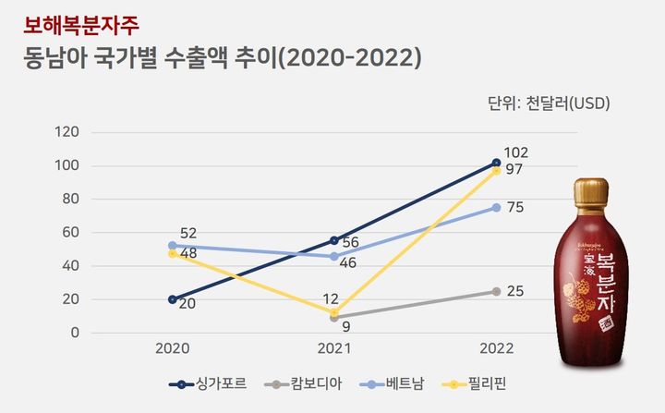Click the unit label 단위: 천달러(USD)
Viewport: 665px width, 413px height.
click(x=548, y=102)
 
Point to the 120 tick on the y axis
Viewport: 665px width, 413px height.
click(x=67, y=132)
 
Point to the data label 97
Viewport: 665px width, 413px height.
click(x=515, y=171)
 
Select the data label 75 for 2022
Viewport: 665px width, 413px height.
click(x=515, y=208)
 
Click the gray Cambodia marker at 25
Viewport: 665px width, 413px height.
click(x=496, y=291)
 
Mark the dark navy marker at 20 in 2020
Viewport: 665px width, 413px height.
click(x=172, y=299)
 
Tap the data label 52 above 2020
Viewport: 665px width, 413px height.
click(x=188, y=233)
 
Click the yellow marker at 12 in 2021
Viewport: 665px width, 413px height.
click(x=334, y=312)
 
